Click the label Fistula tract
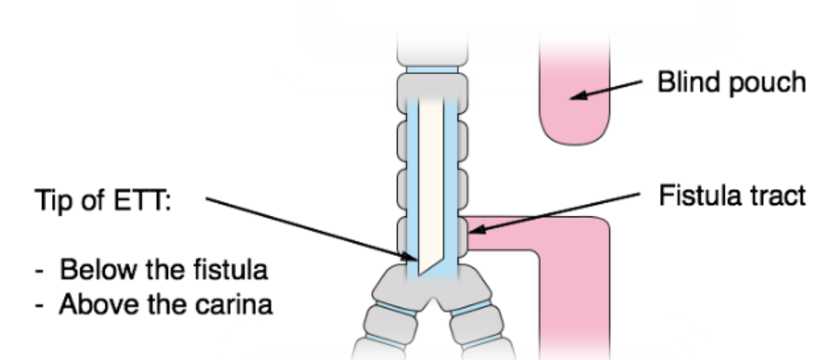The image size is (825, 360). click(x=732, y=196)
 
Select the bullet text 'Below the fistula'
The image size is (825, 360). click(x=165, y=270)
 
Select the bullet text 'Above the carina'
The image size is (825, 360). click(x=165, y=304)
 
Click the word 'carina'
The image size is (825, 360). click(x=237, y=304)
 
